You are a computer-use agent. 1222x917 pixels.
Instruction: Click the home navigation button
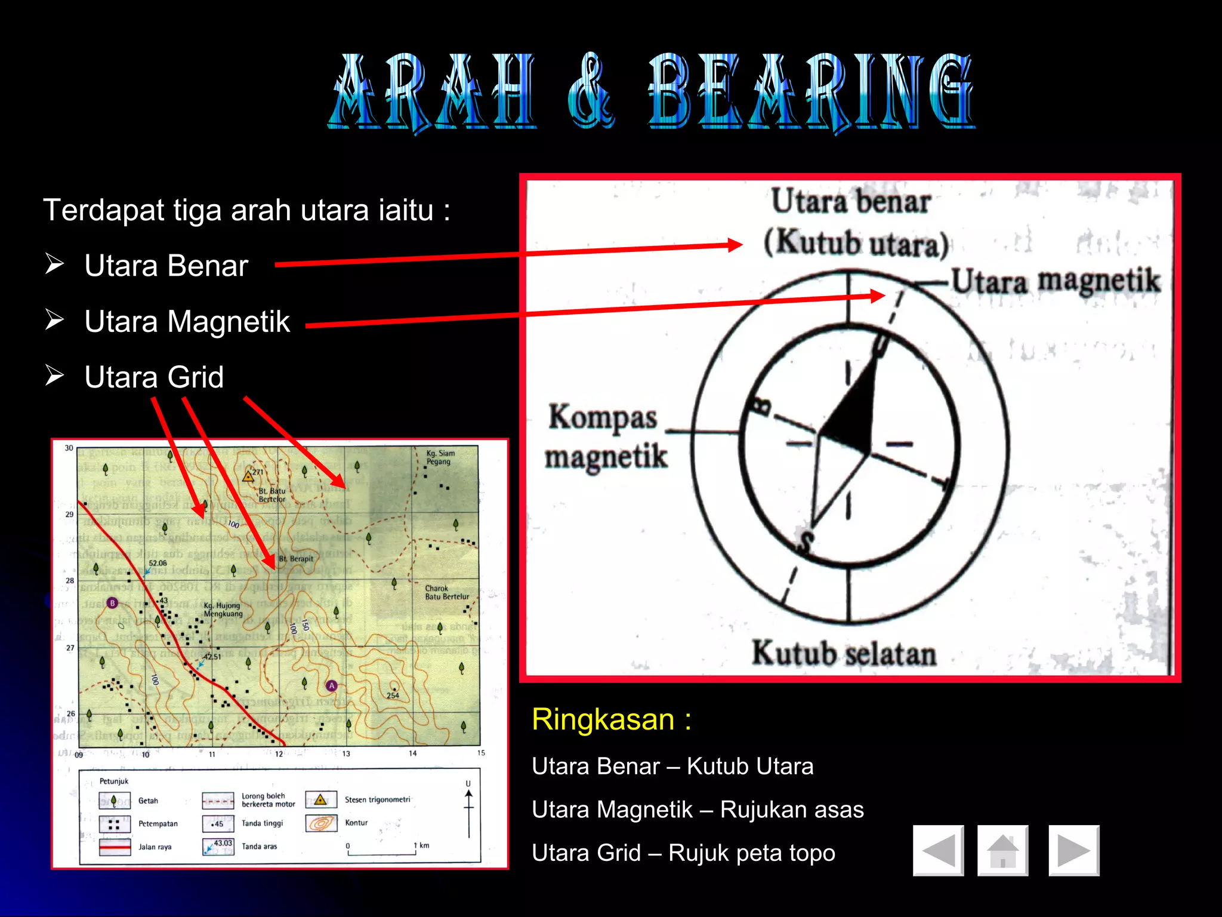coord(1002,851)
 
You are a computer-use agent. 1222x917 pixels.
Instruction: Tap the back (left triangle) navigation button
coord(938,851)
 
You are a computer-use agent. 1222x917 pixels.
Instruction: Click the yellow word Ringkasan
coord(603,719)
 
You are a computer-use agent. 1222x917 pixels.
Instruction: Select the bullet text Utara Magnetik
coord(187,322)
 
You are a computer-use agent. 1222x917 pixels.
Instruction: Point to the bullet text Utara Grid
coord(154,377)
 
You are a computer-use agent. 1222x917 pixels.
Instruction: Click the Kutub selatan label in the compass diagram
coord(844,653)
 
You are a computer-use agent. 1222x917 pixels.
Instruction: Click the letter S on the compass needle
coord(805,541)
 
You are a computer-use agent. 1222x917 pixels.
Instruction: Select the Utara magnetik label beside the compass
coord(1055,281)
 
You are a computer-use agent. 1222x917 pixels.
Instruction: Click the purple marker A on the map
coord(332,686)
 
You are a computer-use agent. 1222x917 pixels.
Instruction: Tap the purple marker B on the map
coord(112,603)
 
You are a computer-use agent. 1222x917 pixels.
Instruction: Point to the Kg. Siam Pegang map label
coord(440,457)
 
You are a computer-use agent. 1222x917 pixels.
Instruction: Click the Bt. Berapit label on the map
coord(296,559)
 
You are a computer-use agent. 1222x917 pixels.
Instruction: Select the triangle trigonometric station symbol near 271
coord(248,476)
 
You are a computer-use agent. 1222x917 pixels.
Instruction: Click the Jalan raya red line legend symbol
coord(115,847)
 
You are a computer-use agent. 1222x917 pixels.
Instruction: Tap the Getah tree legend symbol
coord(115,801)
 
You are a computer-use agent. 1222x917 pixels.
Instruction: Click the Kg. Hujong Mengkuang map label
coord(223,610)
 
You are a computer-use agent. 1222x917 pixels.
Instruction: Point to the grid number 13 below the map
coord(346,754)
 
